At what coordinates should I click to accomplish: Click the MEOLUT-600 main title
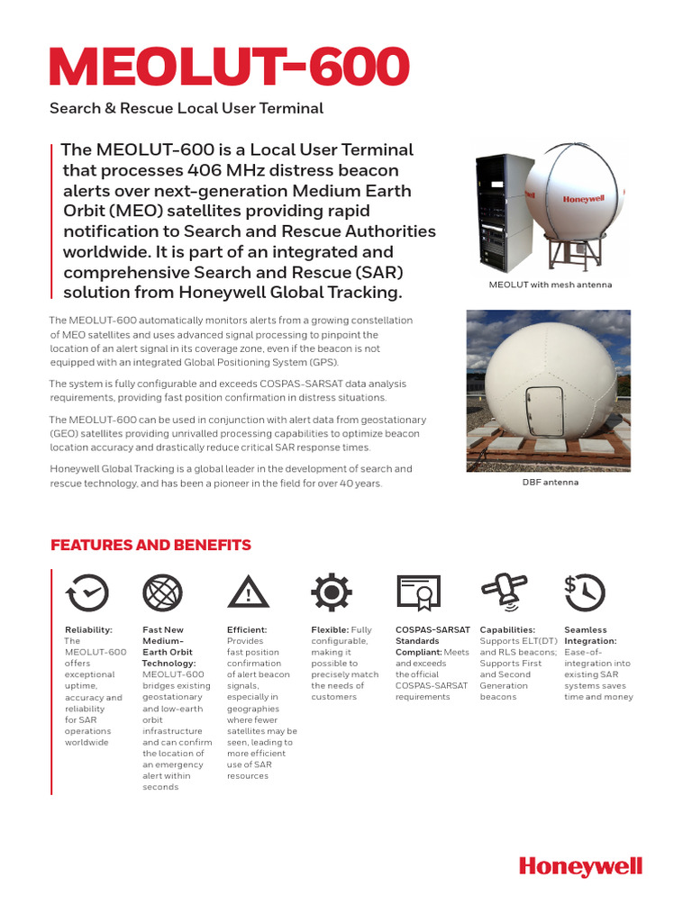coord(229,68)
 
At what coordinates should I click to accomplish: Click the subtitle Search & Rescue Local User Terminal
coord(186,109)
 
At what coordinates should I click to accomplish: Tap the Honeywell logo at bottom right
coord(580,866)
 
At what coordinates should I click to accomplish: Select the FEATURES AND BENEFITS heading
coord(150,546)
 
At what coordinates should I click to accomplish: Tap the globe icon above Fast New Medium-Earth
coord(163,592)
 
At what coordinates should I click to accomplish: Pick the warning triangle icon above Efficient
coord(247,592)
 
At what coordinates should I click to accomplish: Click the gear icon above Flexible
coord(331,592)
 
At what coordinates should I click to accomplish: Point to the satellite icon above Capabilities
coord(503,590)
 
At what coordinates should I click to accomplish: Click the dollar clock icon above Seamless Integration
coord(584,592)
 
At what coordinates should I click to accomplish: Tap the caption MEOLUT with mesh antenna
coord(550,285)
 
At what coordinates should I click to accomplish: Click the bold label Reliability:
coord(88,630)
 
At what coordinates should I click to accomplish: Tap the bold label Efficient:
coord(247,630)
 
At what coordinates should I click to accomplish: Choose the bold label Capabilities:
coord(507,630)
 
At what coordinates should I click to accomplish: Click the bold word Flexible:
coord(330,630)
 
